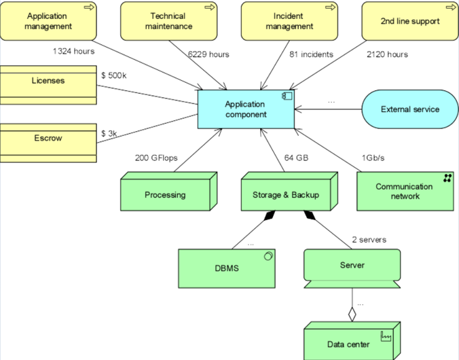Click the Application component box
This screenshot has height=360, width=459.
tap(246, 109)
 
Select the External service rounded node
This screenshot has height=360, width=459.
tap(410, 109)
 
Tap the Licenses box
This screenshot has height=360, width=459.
tap(48, 85)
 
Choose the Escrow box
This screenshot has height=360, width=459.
tap(48, 143)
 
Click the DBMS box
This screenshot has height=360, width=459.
tap(227, 268)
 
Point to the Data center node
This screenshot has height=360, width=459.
tap(352, 341)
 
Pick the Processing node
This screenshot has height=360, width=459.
tap(169, 192)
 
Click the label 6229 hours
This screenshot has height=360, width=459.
tap(208, 54)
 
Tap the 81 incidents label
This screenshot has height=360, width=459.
tap(311, 54)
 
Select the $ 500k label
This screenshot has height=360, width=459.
tap(114, 75)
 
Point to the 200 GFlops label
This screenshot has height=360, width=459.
tap(156, 158)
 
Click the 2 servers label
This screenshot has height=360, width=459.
tap(369, 240)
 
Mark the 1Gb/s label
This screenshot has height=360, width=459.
tap(373, 158)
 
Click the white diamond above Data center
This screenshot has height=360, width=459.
tap(352, 314)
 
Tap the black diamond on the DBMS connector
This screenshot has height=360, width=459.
tap(270, 215)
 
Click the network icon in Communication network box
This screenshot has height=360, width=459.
tap(447, 178)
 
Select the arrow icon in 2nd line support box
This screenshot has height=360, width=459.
tap(451, 7)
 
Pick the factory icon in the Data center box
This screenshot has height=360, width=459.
tap(386, 336)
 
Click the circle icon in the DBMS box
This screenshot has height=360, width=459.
tap(268, 256)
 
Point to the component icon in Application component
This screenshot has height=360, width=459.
tap(287, 96)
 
